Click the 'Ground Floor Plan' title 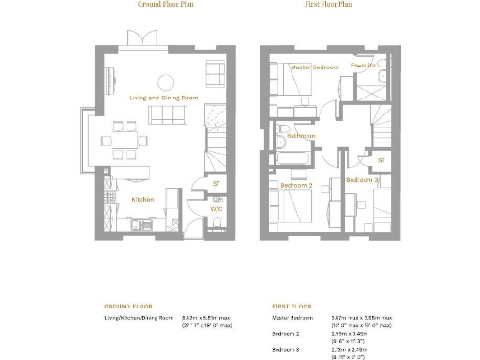click(159, 5)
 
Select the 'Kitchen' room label click(142, 199)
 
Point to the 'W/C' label click(217, 209)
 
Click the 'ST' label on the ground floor click(217, 184)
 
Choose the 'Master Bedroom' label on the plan click(314, 67)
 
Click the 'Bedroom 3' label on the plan click(362, 179)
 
